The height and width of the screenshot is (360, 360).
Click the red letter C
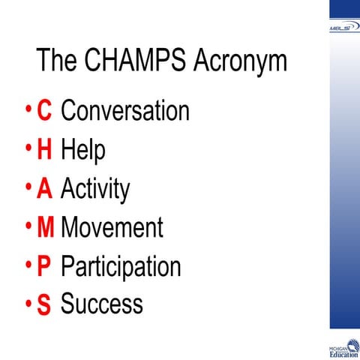(x=44, y=111)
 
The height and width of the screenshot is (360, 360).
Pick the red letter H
(x=44, y=150)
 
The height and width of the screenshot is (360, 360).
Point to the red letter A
(x=44, y=189)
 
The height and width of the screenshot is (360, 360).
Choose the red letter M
(x=45, y=227)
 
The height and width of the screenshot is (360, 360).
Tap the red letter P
(x=44, y=266)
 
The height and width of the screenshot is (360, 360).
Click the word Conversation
(x=124, y=111)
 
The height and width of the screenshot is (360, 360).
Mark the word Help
(x=82, y=150)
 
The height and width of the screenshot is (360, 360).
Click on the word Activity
(x=95, y=189)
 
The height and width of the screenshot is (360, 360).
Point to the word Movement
(x=112, y=227)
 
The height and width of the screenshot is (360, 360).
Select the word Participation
(x=121, y=266)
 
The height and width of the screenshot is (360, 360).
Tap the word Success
(x=101, y=304)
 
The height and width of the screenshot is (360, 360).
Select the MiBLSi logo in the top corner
(x=344, y=27)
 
